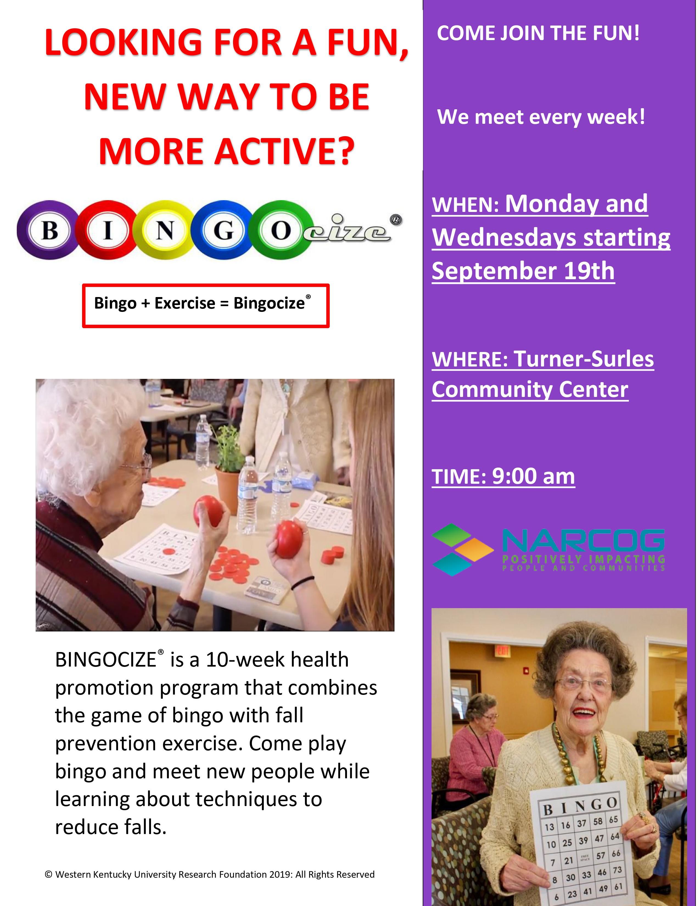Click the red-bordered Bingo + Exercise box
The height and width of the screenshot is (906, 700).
[206, 306]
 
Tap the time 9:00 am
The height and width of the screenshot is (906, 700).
[533, 476]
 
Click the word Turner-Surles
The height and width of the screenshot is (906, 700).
[584, 359]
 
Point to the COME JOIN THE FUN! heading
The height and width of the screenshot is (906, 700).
[538, 33]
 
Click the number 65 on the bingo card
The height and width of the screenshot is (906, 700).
[613, 820]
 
